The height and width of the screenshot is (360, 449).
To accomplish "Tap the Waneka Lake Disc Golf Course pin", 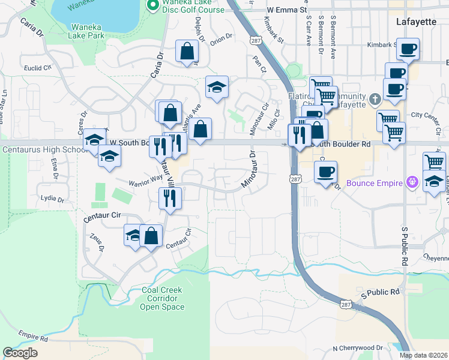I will point(152,5).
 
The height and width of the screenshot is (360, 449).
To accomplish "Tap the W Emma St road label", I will point(287,10).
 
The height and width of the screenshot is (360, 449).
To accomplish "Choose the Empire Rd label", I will point(33,337).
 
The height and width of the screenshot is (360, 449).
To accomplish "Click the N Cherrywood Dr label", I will point(358,348).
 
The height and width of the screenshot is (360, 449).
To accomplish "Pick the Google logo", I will point(20,353).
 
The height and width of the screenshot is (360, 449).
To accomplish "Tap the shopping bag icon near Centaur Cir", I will point(151,236).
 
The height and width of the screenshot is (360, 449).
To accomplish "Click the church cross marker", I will point(375,98).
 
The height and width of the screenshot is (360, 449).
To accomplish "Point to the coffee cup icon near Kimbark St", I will point(408,49).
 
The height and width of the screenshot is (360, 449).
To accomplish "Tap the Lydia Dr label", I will point(52,198).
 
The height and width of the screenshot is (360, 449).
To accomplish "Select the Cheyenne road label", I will point(435,259).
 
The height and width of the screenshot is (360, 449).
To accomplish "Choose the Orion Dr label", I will point(221,38).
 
